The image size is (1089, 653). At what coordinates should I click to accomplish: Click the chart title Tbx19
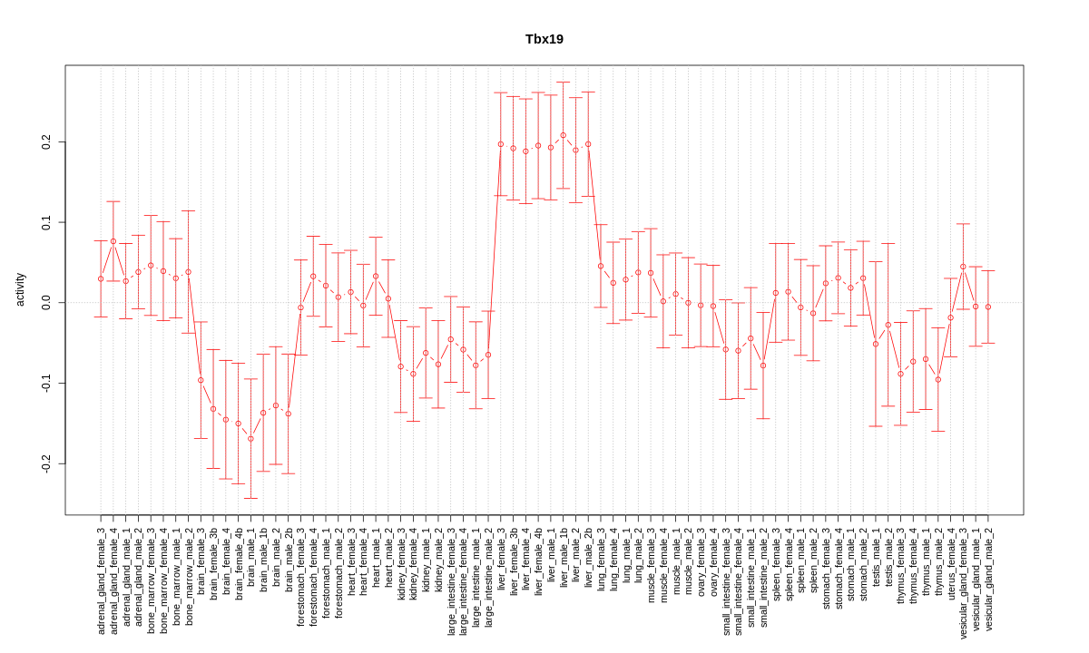point(544,39)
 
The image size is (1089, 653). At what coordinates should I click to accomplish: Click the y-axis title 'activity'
point(20,289)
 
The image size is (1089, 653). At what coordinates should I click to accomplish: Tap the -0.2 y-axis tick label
point(45,463)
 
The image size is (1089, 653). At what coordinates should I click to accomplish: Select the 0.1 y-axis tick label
point(45,222)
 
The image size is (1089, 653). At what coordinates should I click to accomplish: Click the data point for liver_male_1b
point(563,135)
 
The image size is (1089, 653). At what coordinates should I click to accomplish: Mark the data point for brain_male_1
point(250,439)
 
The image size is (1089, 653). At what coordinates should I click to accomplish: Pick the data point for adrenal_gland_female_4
point(113,241)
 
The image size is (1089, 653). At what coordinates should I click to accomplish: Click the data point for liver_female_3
point(500,144)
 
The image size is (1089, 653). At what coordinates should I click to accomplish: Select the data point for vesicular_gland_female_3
point(963,267)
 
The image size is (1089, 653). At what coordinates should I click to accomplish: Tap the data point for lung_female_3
point(601,266)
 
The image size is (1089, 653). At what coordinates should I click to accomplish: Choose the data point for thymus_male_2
point(938,379)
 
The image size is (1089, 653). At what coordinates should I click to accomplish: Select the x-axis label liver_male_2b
point(588,559)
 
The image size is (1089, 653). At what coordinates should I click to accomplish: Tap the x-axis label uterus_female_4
point(950,562)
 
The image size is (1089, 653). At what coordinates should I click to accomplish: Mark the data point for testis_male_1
point(876,344)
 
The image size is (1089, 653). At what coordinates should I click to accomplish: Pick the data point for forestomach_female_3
point(300,307)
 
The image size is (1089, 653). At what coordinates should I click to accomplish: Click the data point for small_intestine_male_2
point(763,365)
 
